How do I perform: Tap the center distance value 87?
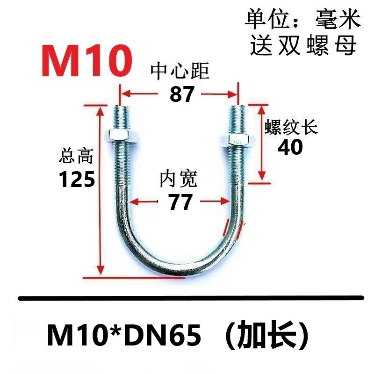pyautogui.click(x=182, y=95)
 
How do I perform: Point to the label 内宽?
pyautogui.click(x=179, y=179)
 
